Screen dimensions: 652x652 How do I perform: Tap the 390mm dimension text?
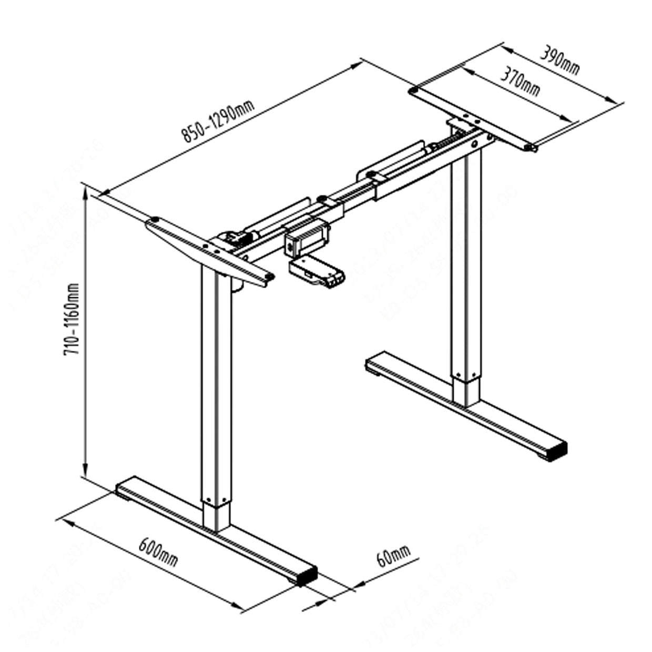(x=560, y=62)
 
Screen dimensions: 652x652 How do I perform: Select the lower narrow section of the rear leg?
(x=466, y=392)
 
